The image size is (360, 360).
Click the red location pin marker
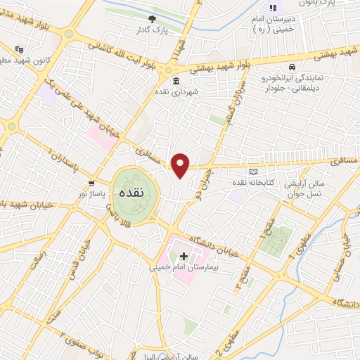pyautogui.click(x=181, y=165)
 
